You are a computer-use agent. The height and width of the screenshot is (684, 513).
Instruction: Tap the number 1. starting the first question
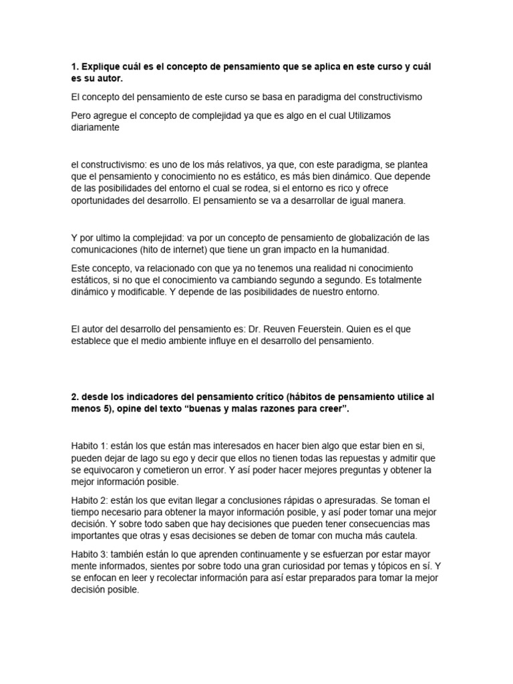click(75, 67)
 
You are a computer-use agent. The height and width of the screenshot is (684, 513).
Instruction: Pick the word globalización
click(369, 238)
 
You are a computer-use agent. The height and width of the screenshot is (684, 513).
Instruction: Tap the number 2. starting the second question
click(75, 397)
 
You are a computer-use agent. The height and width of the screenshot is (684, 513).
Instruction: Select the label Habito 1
click(89, 446)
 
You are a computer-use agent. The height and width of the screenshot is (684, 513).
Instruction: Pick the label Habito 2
click(89, 500)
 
